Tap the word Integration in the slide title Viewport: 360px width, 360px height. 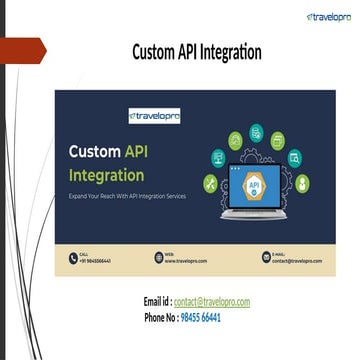(x=235, y=51)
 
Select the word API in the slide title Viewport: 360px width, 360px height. (x=194, y=51)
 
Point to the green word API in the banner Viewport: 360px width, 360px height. (x=135, y=152)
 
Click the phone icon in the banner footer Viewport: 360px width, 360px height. (x=72, y=258)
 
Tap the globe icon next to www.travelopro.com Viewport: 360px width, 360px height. (x=158, y=258)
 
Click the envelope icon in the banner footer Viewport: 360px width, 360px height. (x=264, y=258)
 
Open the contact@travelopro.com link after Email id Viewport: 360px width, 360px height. (x=212, y=302)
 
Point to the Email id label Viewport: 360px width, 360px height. (x=157, y=302)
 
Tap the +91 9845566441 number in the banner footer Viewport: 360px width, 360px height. (x=95, y=261)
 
